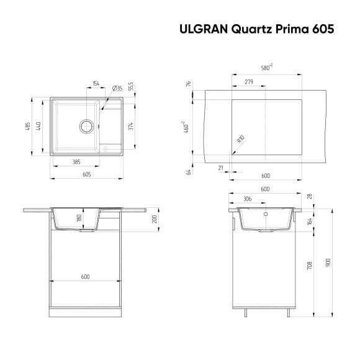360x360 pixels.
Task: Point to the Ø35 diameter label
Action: [117, 88]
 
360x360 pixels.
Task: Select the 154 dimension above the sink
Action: [96, 83]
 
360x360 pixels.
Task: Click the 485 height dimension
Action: [27, 127]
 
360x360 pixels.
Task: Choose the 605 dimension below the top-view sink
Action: [86, 174]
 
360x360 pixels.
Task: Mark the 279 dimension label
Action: [248, 82]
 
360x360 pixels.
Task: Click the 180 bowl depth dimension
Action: [79, 219]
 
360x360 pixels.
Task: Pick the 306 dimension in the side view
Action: [247, 199]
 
